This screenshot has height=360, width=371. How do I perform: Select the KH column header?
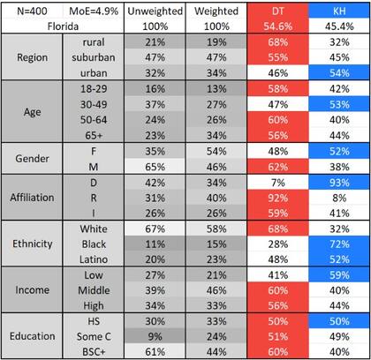point(337,11)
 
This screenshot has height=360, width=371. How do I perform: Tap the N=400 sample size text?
point(26,11)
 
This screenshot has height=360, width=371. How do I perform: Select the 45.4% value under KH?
point(337,26)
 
